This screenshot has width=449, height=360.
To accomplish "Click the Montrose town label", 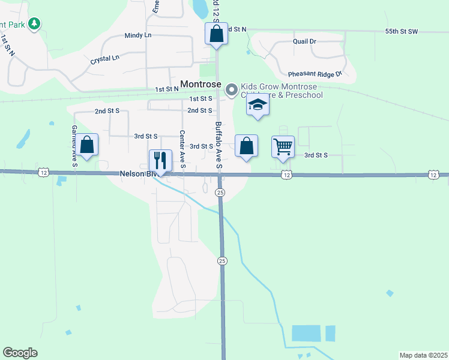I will tap(200, 85).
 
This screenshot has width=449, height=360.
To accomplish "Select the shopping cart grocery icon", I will tap(283, 146).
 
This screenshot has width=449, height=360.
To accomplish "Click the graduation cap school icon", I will tap(258, 104).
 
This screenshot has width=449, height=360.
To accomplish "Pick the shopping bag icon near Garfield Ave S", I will tap(87, 145).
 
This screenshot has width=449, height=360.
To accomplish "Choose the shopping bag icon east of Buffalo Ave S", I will tap(246, 146).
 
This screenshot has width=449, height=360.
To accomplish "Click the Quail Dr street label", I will tap(304, 41).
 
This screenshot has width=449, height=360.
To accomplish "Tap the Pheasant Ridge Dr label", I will tap(323, 73).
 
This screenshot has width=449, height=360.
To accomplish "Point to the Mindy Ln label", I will tap(137, 36).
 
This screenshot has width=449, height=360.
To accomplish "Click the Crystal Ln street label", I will tap(105, 60).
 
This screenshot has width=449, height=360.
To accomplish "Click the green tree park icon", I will tap(35, 23).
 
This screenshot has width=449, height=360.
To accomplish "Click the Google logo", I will tap(20, 353).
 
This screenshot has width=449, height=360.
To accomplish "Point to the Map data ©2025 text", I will tap(423, 355).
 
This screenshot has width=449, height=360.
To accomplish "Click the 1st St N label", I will tap(167, 89).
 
